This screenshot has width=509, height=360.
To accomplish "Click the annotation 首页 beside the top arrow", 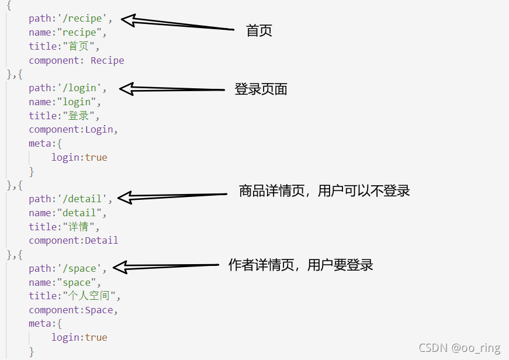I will coord(259,31).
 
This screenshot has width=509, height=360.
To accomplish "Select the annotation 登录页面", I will coord(261,89).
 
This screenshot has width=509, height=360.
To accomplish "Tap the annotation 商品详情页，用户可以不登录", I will coord(324,191).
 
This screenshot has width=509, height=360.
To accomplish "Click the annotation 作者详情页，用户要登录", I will coord(300,265).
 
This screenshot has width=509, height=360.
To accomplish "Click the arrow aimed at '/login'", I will coord(172,89).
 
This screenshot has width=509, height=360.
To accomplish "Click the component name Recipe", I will coord(107,60).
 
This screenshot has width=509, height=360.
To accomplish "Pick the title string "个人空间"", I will coord(89,296).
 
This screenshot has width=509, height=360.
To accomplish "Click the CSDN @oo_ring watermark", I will coord(459,348).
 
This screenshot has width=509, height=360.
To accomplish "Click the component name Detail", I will coord(102,240).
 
